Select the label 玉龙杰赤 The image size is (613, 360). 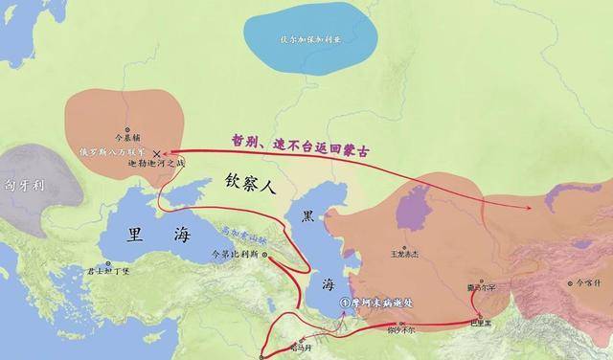405,254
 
